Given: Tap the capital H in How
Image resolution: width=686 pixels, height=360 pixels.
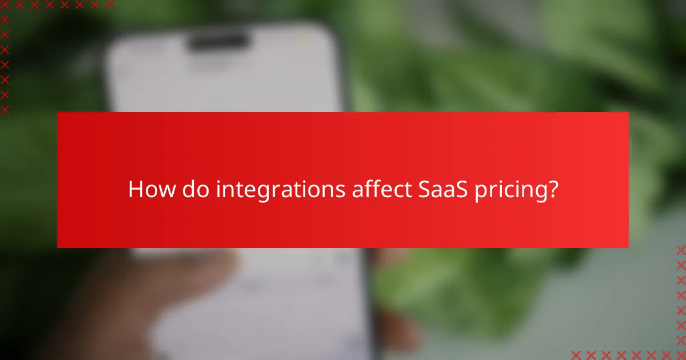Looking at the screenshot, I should (135, 189).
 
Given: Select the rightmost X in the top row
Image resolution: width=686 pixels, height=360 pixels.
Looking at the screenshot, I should (110, 5).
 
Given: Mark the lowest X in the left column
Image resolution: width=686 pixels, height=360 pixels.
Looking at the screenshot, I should (5, 109).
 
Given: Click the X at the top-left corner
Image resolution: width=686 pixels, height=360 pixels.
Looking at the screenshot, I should (5, 5).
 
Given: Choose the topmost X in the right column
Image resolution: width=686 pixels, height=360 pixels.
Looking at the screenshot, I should (681, 250).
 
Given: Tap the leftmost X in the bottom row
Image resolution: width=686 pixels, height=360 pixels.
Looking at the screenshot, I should (576, 355).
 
